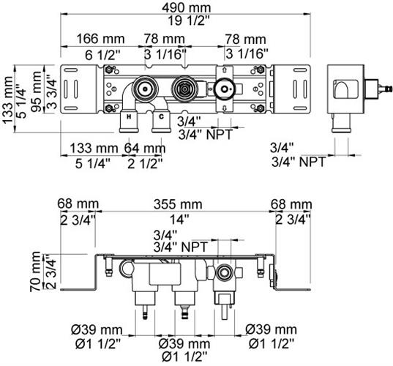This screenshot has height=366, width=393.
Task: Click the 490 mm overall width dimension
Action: [186, 8]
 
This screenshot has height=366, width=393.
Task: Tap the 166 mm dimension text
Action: [100, 39]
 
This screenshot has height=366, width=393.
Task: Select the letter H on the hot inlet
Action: [129, 116]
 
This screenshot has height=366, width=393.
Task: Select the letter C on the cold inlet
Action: [161, 116]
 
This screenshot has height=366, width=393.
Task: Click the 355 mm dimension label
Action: [178, 204]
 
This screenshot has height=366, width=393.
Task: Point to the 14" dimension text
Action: [179, 220]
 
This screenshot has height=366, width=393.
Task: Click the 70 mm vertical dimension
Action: [35, 272]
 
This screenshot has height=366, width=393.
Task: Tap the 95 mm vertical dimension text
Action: [37, 91]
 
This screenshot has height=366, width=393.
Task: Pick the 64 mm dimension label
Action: [145, 148]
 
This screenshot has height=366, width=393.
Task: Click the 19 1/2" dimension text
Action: [189, 20]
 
